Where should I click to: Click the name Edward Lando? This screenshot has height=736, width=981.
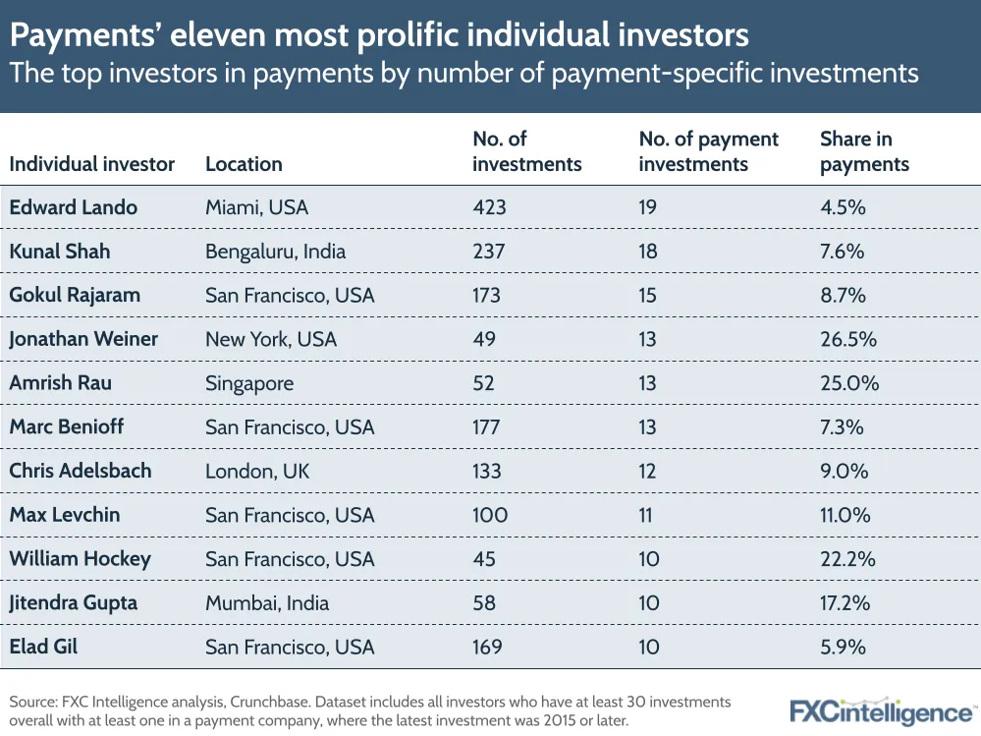73,207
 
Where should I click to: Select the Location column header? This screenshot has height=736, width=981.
244,164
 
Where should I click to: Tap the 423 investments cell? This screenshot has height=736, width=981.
488,207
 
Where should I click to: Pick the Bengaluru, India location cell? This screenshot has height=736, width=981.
275,252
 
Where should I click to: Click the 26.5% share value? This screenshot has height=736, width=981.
847,339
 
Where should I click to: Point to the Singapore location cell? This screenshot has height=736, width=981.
249,383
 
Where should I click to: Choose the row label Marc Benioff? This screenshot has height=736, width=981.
67,426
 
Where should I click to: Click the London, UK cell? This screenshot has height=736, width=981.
257,471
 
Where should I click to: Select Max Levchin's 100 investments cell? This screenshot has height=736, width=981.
490,515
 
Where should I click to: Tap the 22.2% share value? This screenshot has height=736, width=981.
847,559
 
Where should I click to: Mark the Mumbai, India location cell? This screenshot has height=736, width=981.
267,602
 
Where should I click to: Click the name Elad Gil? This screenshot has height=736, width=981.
43,647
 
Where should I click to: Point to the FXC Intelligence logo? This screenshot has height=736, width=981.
882,710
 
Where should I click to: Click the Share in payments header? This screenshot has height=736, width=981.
864,151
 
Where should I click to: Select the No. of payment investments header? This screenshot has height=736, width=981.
708,151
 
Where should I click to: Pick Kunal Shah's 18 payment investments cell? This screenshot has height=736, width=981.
648,252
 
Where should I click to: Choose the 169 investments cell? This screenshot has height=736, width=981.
487,647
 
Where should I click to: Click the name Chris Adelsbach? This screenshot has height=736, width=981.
81,471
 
